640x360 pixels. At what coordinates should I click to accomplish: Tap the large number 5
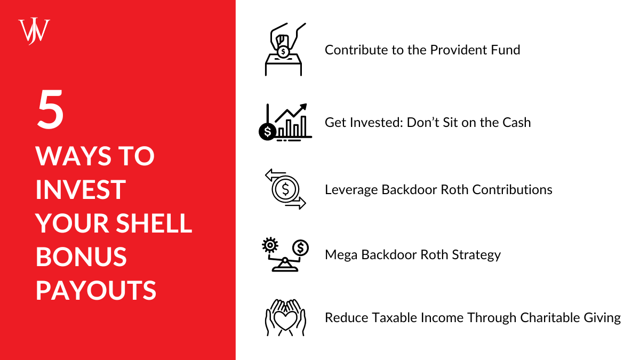coord(51,111)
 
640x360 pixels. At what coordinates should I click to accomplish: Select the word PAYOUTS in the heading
coord(96,291)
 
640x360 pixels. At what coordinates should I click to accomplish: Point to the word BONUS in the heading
coord(81,257)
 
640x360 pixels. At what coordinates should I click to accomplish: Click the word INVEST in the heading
coord(81,189)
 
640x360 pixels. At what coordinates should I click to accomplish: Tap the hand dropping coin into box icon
coord(283,49)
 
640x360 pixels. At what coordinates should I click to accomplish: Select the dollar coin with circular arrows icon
coord(285,189)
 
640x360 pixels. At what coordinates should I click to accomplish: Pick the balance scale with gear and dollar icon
coord(284,254)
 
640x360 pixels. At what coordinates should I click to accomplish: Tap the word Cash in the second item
coord(516,122)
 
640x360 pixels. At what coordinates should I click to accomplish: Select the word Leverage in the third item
coord(351,189)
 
